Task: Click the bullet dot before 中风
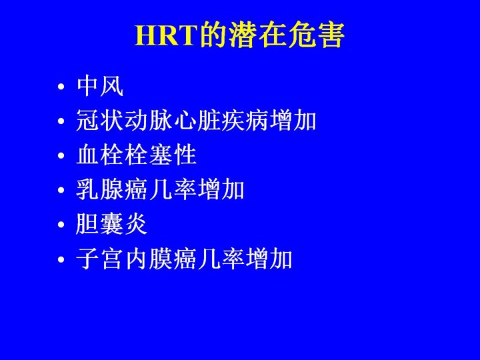[x=61, y=86]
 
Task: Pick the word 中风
[x=100, y=86]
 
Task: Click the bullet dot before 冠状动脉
[x=61, y=121]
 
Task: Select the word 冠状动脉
[x=124, y=121]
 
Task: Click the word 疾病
[x=245, y=121]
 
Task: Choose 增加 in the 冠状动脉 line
[x=293, y=121]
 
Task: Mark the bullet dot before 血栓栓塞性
[x=61, y=155]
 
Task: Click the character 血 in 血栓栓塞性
[x=87, y=155]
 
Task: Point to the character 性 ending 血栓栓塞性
[x=185, y=155]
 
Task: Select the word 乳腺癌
[x=112, y=189]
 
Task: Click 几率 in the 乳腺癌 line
[x=173, y=189]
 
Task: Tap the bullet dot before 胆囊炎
[x=61, y=224]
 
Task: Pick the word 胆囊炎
[x=111, y=224]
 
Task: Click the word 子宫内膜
[x=124, y=259]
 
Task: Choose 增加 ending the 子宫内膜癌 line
[x=269, y=259]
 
